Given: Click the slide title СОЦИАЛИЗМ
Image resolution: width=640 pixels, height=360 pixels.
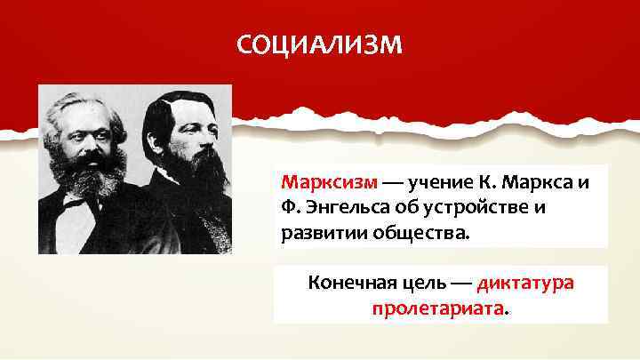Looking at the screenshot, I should pyautogui.click(x=319, y=44).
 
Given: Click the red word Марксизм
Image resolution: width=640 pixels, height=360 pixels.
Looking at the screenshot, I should pyautogui.click(x=330, y=183).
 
